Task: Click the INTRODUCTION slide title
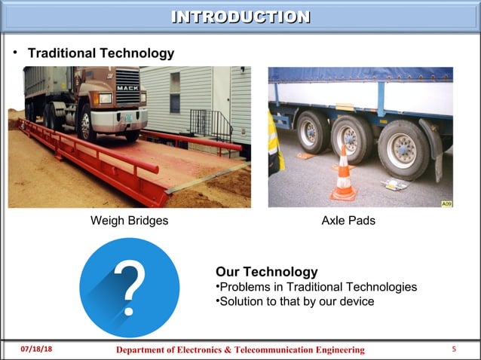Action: [x=240, y=17]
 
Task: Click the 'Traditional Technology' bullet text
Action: [x=101, y=53]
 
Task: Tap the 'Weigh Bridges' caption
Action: [x=129, y=221]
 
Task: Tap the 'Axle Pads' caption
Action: [x=348, y=221]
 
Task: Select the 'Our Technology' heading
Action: [x=266, y=271]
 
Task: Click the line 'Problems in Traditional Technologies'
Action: [x=316, y=287]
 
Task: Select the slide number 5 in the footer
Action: [x=454, y=349]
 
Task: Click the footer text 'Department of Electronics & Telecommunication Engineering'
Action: [x=240, y=350]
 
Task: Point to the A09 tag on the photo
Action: [x=446, y=203]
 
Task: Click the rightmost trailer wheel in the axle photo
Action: [x=401, y=149]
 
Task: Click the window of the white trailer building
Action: [x=175, y=92]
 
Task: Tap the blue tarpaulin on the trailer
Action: [x=362, y=75]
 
